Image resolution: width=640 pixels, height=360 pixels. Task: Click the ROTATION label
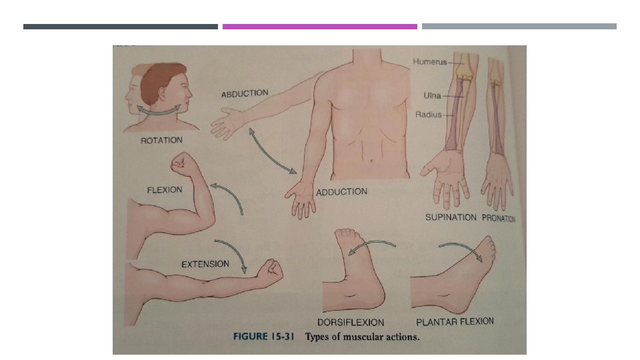pos(162,141)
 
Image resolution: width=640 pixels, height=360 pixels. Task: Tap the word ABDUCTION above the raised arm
pos(245,93)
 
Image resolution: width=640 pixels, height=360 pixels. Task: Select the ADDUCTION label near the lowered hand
pos(341,192)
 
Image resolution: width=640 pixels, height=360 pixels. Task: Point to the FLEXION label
pos(164,190)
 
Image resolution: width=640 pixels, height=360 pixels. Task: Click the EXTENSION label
pos(205,265)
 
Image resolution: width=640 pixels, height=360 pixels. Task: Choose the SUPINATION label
pos(451,217)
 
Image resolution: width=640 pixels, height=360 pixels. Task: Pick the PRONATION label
pos(498,218)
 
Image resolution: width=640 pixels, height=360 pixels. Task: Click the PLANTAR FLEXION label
pos(455,322)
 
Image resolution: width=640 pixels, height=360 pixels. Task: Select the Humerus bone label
pos(430,62)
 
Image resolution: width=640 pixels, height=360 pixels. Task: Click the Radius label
pos(429,115)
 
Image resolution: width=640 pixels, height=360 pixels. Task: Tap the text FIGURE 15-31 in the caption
pos(265,337)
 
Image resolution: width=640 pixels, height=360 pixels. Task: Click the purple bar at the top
pos(320,27)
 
